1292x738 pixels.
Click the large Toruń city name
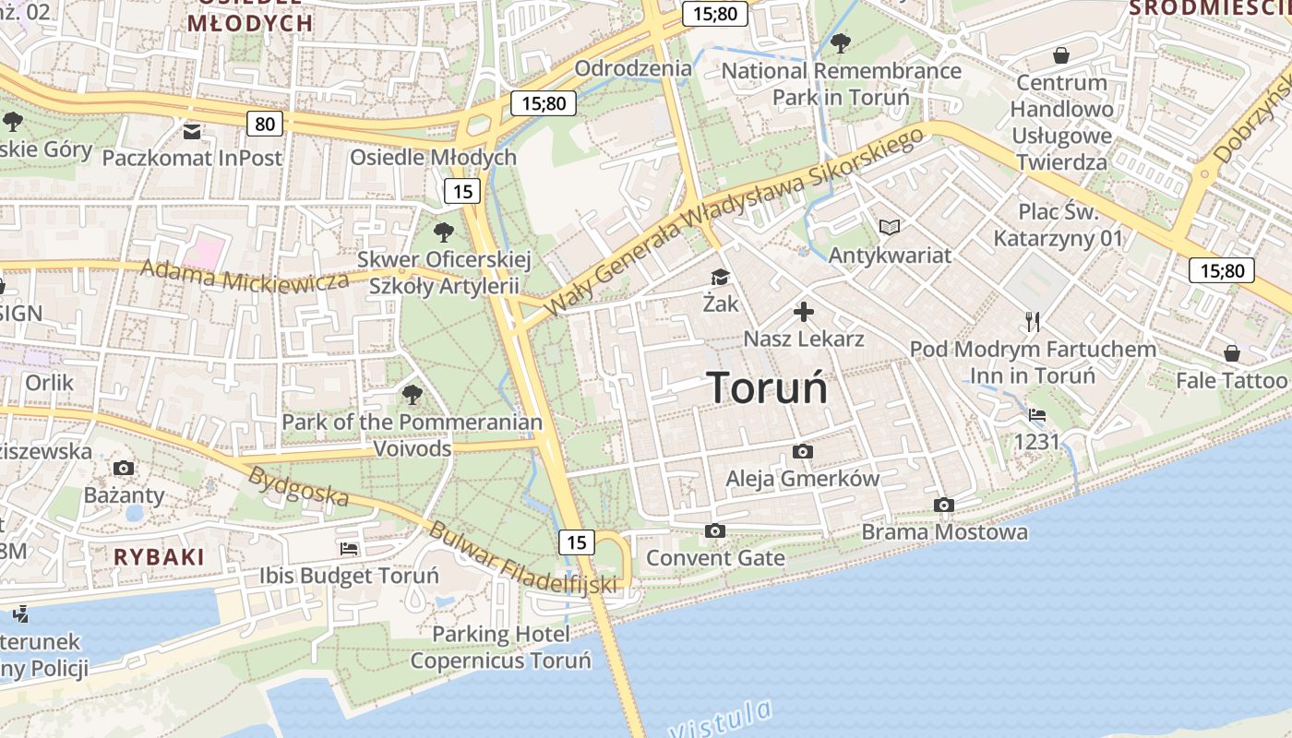(767, 388)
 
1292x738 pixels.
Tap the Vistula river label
(722, 720)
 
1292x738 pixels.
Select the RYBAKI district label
(159, 556)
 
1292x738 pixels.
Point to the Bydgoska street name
(299, 487)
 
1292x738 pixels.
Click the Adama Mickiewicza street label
(244, 275)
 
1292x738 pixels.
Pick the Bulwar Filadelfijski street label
(522, 558)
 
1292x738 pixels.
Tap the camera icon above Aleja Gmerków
(803, 451)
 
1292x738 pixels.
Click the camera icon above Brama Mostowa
(943, 505)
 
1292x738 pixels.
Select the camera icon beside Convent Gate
(714, 530)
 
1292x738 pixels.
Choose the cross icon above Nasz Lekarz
(804, 312)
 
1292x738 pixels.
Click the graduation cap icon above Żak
(719, 277)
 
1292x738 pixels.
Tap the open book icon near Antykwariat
(889, 227)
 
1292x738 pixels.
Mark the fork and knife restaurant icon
(1033, 322)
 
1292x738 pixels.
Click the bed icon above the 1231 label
(1037, 415)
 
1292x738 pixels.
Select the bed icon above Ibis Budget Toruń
(349, 549)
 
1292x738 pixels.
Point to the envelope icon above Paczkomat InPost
(191, 131)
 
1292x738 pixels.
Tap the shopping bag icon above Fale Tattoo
(1231, 353)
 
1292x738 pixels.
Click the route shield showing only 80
(265, 123)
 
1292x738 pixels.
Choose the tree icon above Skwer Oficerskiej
(444, 232)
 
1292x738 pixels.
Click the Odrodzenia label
(633, 68)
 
